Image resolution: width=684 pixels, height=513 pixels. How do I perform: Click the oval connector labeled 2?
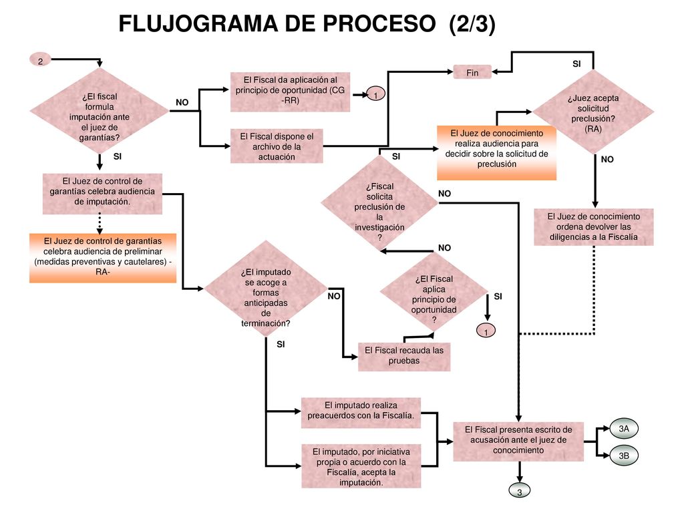coord(40,60)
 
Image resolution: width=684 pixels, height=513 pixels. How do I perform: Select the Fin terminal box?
coord(472,72)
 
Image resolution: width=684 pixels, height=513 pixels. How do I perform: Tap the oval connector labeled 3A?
coord(624,429)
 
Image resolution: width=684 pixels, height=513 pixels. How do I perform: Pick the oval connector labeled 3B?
coord(624,456)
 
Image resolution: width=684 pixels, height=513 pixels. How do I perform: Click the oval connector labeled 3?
coord(519,491)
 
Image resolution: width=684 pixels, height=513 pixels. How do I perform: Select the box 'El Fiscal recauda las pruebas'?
coord(404,356)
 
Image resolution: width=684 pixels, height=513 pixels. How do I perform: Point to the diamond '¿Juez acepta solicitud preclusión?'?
coord(593,112)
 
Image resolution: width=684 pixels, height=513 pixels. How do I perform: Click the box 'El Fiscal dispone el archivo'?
coord(277,146)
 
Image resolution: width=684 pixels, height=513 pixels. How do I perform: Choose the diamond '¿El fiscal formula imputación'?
coord(100,111)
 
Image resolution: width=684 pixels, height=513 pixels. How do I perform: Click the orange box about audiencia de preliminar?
coord(103,258)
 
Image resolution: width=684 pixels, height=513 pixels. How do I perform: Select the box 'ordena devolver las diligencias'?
coord(594,227)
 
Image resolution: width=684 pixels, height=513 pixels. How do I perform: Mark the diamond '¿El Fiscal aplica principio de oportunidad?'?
coord(434,295)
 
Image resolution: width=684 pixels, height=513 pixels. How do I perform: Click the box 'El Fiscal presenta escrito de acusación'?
coord(518,441)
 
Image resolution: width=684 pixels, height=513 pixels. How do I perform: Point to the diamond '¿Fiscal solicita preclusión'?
coord(379,205)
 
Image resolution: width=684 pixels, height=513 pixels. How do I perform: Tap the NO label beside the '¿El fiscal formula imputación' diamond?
coord(182,102)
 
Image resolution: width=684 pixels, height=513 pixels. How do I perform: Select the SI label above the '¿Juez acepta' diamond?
coord(576,63)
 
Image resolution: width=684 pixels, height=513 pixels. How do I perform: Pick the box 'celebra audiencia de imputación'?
coord(102,194)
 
